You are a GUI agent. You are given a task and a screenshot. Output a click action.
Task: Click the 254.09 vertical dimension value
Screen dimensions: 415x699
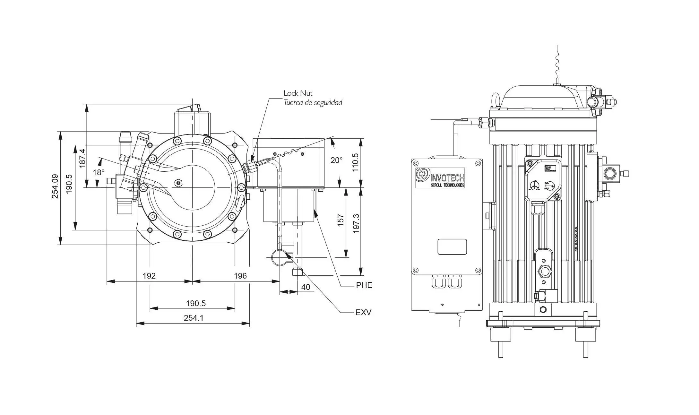point(55,186)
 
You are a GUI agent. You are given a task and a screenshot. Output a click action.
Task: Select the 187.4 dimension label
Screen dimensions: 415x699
point(82,158)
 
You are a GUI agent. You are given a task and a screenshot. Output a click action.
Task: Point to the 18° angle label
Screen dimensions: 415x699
point(99,173)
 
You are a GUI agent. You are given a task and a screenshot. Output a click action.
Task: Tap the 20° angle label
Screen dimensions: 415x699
point(336,160)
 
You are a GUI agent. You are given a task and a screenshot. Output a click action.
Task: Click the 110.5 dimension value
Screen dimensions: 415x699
point(355,162)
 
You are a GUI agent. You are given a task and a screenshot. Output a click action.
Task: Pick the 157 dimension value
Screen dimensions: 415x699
point(341,220)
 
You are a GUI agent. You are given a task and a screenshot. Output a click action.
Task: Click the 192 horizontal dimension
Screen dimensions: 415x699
point(149,276)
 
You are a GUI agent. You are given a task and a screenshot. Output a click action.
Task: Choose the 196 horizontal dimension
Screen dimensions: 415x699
point(240,276)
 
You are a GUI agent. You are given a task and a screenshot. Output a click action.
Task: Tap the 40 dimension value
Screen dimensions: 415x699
point(306,287)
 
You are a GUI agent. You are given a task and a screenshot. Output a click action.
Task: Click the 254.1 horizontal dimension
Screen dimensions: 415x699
point(194,318)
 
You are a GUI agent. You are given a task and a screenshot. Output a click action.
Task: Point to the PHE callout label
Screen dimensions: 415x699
point(364,285)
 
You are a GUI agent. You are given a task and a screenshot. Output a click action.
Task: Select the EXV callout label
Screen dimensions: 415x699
point(363,312)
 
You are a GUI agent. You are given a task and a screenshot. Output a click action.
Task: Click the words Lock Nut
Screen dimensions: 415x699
point(298,93)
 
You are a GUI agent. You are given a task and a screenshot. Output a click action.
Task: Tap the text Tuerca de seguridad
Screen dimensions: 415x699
point(313,103)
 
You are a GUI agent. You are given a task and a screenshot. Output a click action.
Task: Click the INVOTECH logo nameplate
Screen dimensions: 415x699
point(440,177)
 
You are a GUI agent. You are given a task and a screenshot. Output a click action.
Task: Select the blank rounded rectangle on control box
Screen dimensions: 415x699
point(452,247)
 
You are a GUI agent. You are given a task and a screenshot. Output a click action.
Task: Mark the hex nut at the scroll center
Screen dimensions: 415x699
point(178,183)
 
